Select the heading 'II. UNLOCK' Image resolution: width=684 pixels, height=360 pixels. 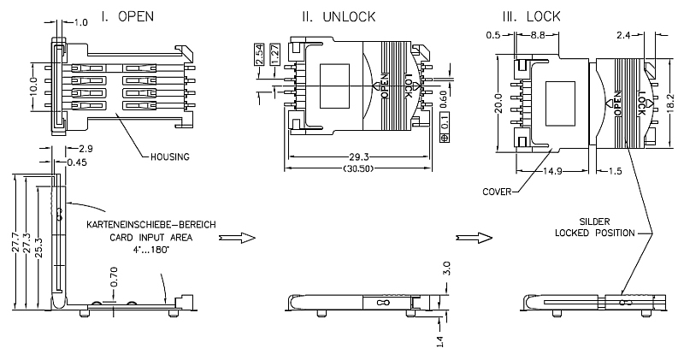tap(336, 16)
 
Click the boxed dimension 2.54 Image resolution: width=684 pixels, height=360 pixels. tap(259, 56)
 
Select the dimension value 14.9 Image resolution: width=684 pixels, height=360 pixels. tap(557, 171)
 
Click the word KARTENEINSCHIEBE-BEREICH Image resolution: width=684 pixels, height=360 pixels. tap(149, 225)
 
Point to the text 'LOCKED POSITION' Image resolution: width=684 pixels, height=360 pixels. tap(595, 233)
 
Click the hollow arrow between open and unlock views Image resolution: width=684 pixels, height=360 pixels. tap(243, 237)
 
